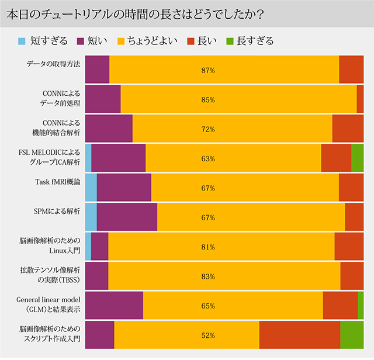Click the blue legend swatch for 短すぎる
pos(22,41)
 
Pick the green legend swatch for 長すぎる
pos(230,41)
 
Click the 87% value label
pos(208,70)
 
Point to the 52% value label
pos(208,335)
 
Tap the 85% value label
pos(208,99)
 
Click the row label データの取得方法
pos(53,64)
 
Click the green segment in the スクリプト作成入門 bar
pos(352,335)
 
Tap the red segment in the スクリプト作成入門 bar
pos(300,335)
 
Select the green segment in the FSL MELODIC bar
pos(357,158)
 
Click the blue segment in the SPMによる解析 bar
pos(91,217)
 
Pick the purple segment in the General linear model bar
pos(114,306)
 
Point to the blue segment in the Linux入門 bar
pos(88,247)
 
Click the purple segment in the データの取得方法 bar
pos(97,70)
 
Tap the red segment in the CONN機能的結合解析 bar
pos(348,129)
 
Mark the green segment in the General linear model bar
pos(361,306)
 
